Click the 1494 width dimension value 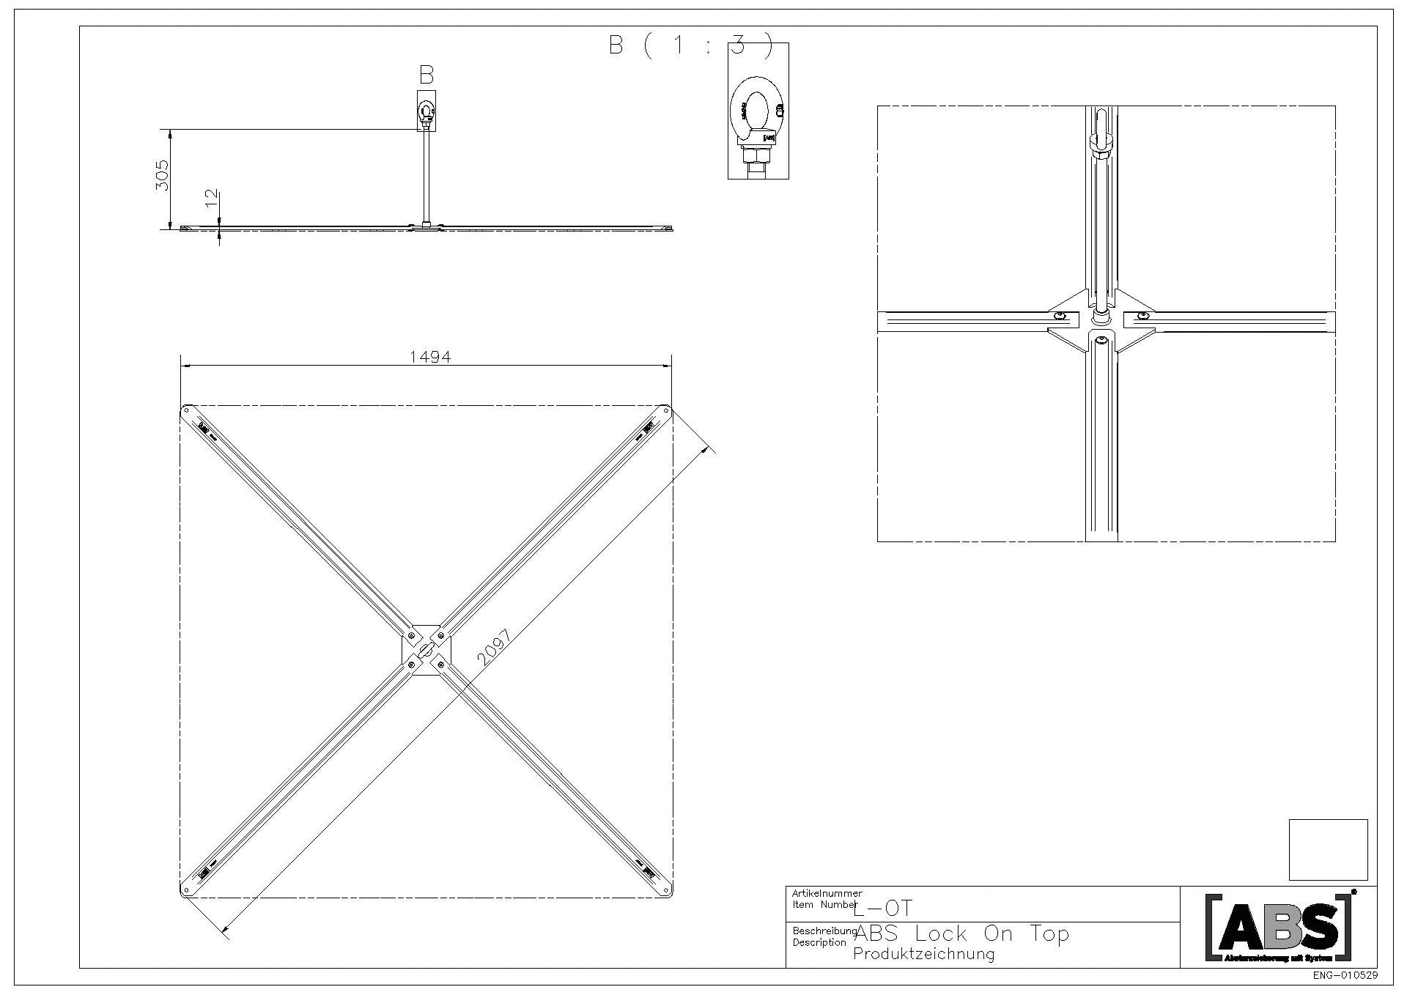point(430,357)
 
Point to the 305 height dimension point(163,175)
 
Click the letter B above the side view point(426,75)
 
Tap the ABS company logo point(1279,927)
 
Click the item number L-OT point(884,909)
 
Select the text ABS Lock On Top point(962,934)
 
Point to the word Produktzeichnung point(924,954)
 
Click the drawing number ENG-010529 point(1344,976)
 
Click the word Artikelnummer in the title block point(827,893)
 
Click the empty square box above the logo point(1328,850)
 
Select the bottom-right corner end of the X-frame point(665,889)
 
